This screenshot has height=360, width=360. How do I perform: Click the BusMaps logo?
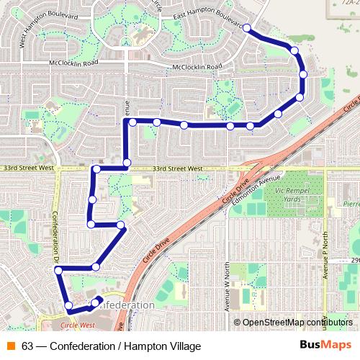[321, 346]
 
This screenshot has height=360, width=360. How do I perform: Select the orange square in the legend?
[12, 346]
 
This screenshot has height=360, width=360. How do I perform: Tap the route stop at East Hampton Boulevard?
[247, 27]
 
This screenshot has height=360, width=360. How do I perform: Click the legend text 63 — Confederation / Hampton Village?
[111, 346]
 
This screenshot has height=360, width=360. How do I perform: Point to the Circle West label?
[78, 325]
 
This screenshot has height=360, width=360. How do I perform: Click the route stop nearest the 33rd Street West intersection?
[127, 163]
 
